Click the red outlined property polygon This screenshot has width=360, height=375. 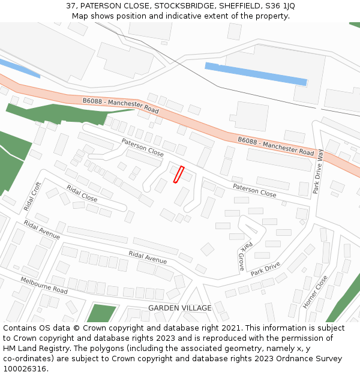[x=178, y=174]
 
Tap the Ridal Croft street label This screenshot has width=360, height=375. [x=31, y=196]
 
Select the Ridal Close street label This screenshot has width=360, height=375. [x=82, y=193]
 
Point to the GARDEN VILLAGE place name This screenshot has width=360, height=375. [x=180, y=308]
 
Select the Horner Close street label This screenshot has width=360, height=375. [x=315, y=292]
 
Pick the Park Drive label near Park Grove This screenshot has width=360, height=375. [x=265, y=268]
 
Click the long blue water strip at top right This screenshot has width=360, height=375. [x=256, y=74]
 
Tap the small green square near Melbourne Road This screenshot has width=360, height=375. [x=101, y=313]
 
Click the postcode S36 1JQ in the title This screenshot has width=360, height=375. [x=281, y=6]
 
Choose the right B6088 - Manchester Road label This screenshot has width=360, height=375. [x=276, y=146]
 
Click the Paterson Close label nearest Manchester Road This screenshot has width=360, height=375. [x=142, y=148]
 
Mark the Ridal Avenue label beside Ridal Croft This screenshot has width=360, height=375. [x=42, y=230]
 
